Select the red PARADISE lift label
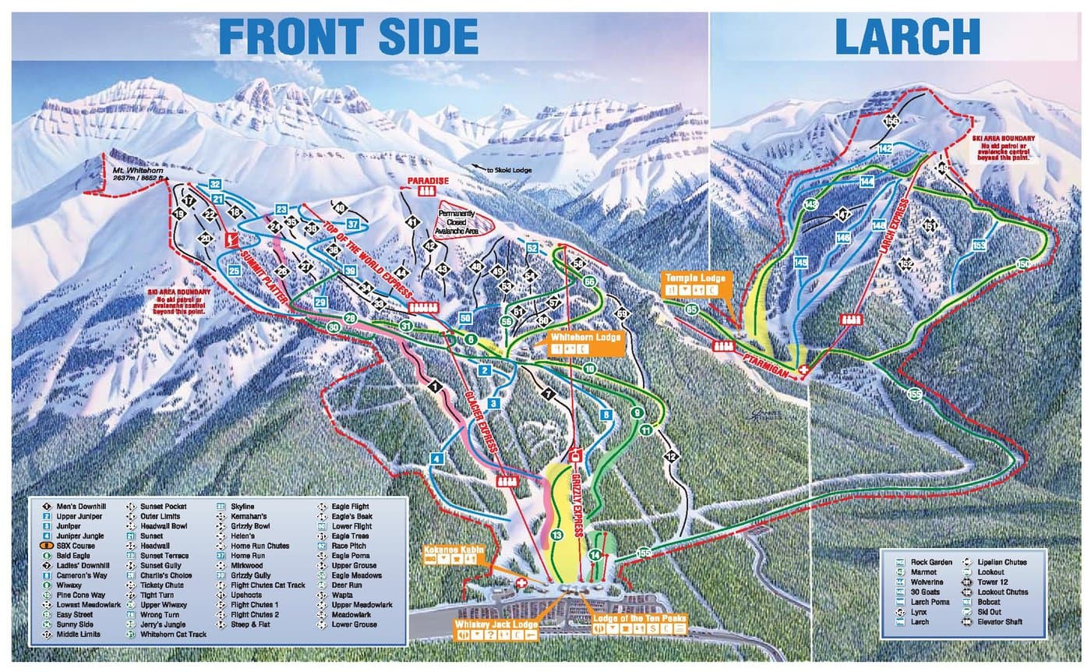[x=429, y=181]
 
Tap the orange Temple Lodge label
[x=695, y=278]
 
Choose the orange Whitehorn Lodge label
[x=585, y=338]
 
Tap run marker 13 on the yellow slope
[x=556, y=535]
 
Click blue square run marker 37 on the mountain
[x=352, y=224]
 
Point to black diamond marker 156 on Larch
[x=892, y=121]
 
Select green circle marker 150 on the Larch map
[x=1022, y=263]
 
